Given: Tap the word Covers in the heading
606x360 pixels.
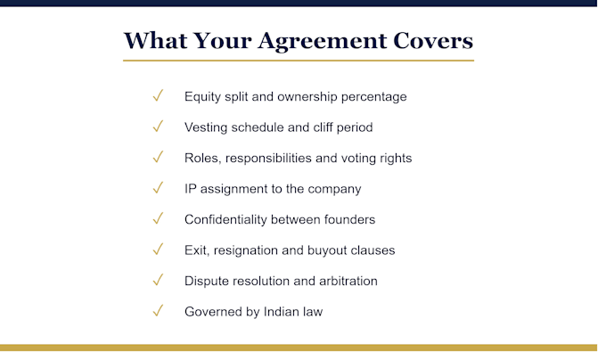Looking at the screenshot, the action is point(433,41).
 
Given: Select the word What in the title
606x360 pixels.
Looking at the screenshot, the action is point(155,41).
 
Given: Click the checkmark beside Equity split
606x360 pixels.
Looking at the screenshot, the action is point(158,95).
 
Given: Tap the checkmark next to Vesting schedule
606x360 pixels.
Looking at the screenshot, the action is point(158,127).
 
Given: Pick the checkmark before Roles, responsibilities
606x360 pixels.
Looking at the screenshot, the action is point(158,157).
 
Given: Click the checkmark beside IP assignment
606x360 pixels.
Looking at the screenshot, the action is point(158,188).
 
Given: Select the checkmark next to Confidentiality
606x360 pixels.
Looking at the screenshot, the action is point(158,218).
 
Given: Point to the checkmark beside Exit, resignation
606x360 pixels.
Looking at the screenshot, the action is point(158,250).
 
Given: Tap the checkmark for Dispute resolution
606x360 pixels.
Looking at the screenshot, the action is point(158,280).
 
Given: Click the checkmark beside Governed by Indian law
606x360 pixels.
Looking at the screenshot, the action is point(158,311).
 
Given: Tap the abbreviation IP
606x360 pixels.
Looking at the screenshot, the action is point(190,189).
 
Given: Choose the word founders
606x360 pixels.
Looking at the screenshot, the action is point(349,219).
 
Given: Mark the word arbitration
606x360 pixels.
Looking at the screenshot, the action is point(348,281).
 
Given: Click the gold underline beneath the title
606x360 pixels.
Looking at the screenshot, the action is point(299,61).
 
